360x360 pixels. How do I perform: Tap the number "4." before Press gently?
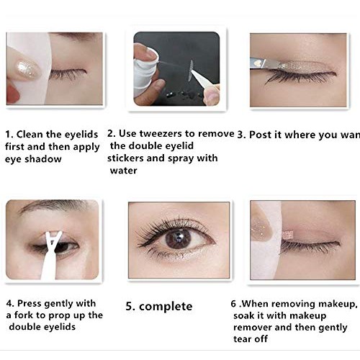(x=10, y=303)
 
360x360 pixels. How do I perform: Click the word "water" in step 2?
(x=123, y=171)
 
